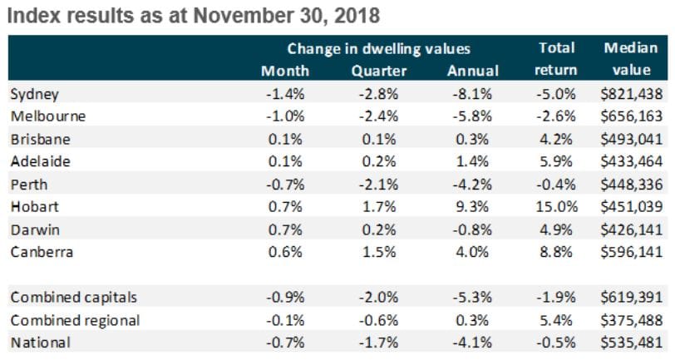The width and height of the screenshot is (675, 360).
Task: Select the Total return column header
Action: click(x=551, y=60)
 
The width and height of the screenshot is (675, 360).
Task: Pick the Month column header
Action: click(x=284, y=72)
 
